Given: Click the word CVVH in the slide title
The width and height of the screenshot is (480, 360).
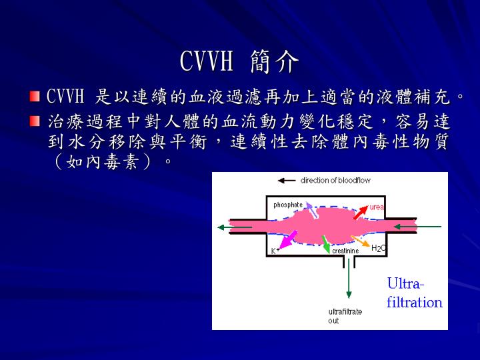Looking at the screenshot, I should coord(207,62).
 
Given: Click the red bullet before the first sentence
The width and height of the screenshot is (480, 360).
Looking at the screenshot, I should coord(35,97).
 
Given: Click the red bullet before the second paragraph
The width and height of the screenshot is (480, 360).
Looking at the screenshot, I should coord(35,122).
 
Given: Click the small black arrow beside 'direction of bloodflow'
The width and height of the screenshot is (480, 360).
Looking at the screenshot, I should coord(287,181).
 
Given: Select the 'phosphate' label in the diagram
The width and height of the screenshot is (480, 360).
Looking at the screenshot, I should coord(288,205).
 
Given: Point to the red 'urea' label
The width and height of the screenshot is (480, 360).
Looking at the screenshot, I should coord(377,207).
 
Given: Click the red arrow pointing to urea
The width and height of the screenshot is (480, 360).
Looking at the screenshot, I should coord(360,213).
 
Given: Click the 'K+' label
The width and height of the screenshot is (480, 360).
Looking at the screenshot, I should coord(273,251).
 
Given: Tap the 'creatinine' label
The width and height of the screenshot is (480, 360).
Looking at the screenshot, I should coord(345,251).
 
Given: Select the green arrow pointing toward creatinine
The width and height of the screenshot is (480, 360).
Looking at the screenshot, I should coord(325,243).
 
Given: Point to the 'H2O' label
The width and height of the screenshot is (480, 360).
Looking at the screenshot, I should coord(378,249).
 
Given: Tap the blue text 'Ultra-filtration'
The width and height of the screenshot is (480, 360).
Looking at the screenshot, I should coord(414,293).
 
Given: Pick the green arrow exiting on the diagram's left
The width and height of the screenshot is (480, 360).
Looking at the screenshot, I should coord(234,227).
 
